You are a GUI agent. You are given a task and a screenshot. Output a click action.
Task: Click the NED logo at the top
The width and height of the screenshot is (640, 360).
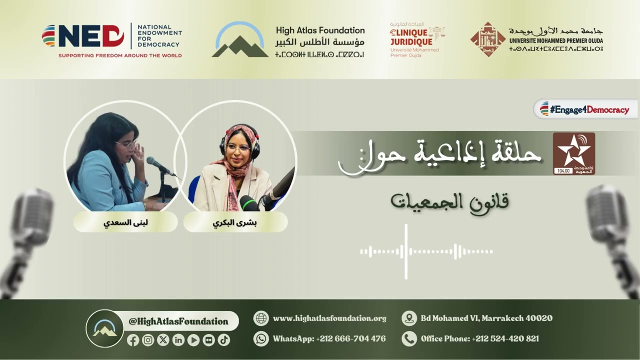tap(82, 36)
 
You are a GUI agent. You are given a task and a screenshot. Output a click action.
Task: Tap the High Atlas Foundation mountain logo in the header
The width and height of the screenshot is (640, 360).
tap(240, 40)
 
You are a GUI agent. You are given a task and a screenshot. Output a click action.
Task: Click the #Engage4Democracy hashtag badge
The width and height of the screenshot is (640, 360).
tap(585, 109)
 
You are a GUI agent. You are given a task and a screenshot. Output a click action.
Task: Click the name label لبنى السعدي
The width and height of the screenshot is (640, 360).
tap(125, 222)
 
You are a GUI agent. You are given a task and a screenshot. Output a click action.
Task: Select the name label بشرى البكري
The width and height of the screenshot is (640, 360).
tap(235, 222)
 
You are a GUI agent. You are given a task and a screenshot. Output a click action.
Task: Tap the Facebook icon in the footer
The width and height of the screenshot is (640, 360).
tap(133, 340)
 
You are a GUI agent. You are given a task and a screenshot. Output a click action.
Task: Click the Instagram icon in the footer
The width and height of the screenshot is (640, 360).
tap(148, 340)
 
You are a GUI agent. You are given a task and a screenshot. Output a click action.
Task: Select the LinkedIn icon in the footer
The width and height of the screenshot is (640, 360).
tap(178, 340)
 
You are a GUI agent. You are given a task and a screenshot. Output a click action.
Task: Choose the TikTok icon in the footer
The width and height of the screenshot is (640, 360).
tap(224, 340)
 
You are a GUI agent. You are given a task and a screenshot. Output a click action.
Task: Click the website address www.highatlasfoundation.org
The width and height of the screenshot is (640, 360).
tap(329, 318)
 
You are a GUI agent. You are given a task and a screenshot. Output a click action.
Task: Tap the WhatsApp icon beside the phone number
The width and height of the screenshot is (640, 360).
tap(261, 338)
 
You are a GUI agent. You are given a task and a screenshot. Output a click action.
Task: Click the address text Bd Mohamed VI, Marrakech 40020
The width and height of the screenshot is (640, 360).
tap(486, 318)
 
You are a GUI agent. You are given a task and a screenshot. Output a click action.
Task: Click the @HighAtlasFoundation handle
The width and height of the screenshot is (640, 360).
tap(178, 321)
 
